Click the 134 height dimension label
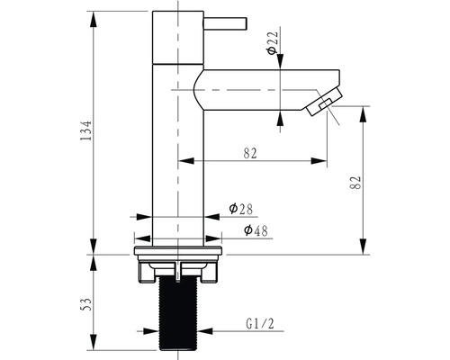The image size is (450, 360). [85, 130]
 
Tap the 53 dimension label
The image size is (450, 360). [85, 305]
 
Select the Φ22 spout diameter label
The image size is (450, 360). [273, 42]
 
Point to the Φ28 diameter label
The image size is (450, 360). [241, 209]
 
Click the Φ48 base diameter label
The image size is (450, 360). [256, 230]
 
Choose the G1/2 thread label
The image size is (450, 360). [260, 324]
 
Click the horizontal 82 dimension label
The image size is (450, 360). [250, 154]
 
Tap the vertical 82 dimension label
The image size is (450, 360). [355, 183]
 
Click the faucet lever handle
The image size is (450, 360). [225, 23]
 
